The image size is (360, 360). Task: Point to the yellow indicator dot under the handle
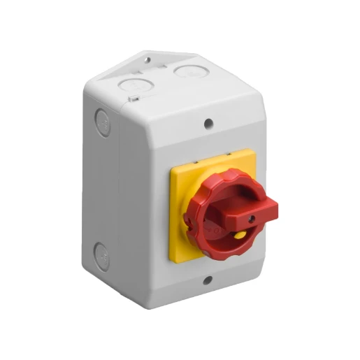point(240,236)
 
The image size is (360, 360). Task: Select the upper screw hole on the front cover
point(208,124)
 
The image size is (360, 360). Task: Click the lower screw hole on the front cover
point(208,281)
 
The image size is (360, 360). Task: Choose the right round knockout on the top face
point(187,71)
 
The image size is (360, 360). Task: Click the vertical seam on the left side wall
point(115,189)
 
